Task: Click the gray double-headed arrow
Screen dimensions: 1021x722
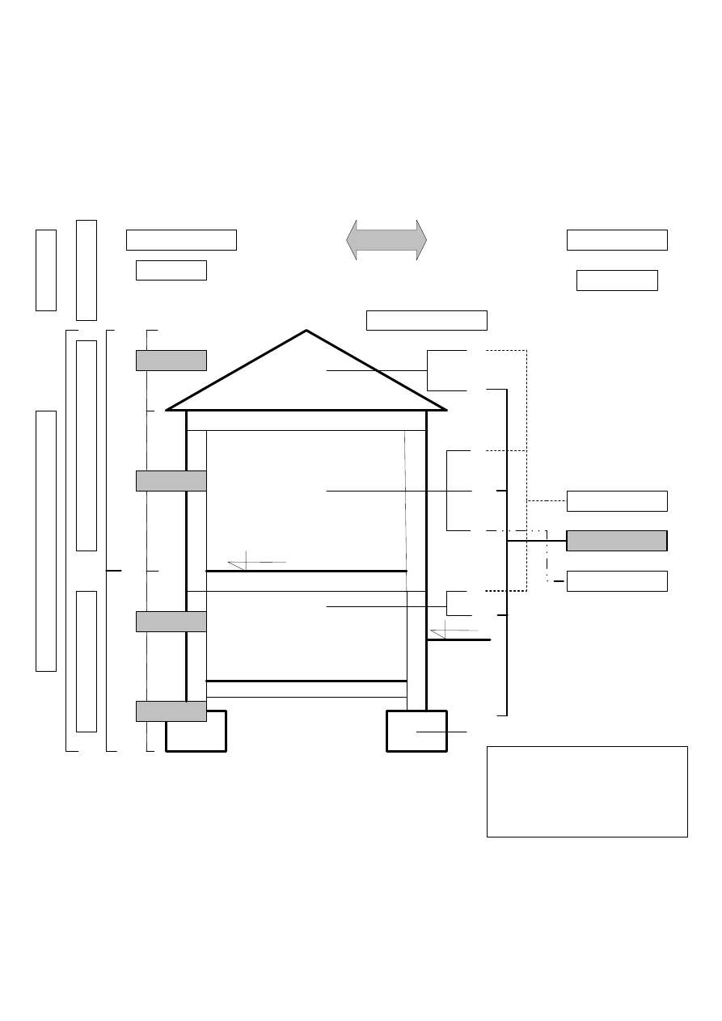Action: click(386, 240)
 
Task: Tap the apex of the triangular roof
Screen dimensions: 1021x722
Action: click(306, 331)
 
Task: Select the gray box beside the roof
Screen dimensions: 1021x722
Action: click(171, 361)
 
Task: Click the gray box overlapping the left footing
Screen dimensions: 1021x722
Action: click(171, 711)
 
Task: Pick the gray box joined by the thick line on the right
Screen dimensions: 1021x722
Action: click(617, 541)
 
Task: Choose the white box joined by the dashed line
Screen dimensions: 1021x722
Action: click(617, 501)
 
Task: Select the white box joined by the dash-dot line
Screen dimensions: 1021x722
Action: click(617, 581)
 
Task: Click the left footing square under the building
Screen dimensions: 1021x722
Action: click(196, 732)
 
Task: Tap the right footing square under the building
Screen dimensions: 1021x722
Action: click(416, 731)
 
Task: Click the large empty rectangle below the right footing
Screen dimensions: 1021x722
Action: click(587, 791)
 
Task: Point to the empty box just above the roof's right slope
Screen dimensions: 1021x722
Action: click(427, 320)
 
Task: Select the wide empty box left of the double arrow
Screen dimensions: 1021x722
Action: click(181, 240)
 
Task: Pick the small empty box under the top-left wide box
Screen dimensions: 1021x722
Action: click(171, 270)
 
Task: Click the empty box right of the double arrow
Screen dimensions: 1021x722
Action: click(617, 240)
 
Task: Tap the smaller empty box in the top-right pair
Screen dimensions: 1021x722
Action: click(617, 281)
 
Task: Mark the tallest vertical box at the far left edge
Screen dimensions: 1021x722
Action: click(46, 541)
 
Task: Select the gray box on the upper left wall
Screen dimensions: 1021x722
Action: click(171, 480)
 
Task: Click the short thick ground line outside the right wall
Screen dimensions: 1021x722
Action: click(459, 640)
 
